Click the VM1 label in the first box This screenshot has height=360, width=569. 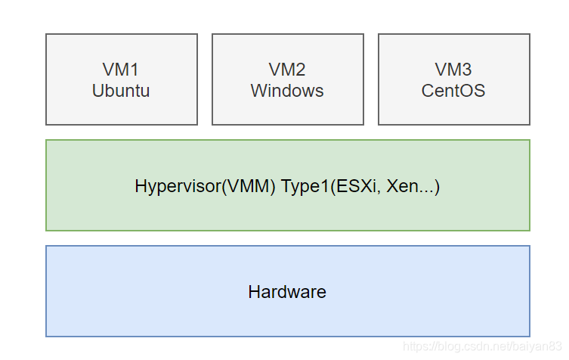[121, 70]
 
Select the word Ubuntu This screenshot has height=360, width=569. [121, 91]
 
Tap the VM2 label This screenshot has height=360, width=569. [287, 70]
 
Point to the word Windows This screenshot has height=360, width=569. [287, 91]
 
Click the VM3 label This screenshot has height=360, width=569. [453, 70]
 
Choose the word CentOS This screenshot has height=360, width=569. [453, 91]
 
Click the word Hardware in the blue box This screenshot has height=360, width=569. [287, 292]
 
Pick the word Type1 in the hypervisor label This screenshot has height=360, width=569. [303, 186]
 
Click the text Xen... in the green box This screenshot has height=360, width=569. [412, 186]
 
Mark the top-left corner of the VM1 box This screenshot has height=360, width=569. [46, 34]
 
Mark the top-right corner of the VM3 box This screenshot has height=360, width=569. [530, 34]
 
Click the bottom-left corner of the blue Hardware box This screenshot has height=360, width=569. [46, 336]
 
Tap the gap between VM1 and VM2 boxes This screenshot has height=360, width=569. [205, 79]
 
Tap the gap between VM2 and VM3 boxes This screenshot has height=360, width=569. [371, 79]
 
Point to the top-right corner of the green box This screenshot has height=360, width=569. [530, 140]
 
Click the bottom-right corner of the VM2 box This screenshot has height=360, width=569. [363, 124]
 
